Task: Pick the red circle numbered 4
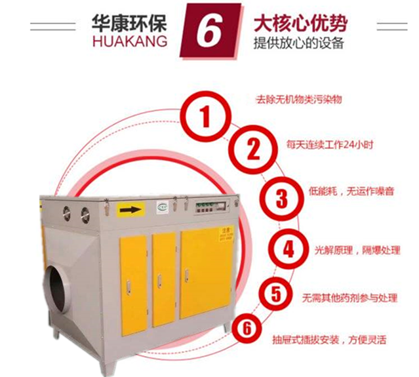(x=287, y=250)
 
